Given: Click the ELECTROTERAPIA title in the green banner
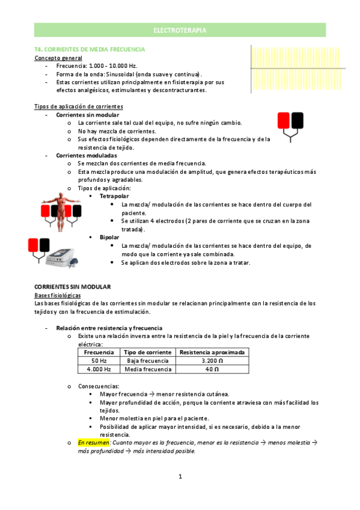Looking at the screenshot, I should click(x=180, y=30).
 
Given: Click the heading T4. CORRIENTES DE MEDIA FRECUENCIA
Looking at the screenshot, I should click(x=90, y=49).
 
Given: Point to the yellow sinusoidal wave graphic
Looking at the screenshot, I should click(x=288, y=69).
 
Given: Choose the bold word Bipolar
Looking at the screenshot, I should click(x=109, y=238).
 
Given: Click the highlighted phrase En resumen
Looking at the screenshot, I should click(x=93, y=442).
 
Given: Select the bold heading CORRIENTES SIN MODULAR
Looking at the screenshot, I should click(x=73, y=287).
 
